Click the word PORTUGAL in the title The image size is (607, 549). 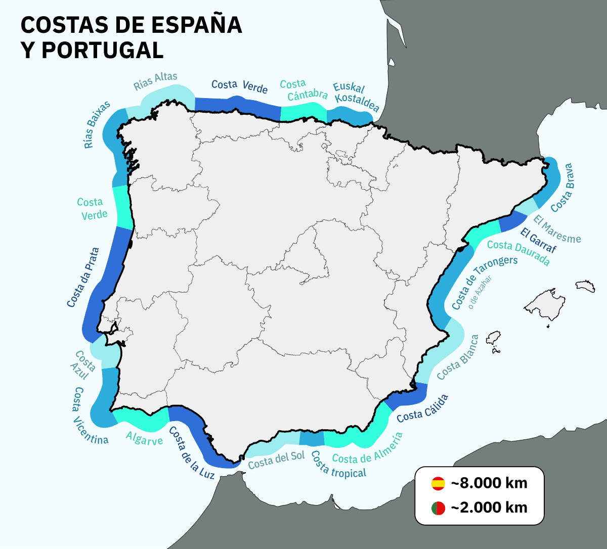point(103,50)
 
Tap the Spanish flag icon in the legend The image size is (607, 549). point(438,483)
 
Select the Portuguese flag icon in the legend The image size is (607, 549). point(438,508)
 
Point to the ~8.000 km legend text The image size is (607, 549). point(489,483)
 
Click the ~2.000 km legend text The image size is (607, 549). point(489,508)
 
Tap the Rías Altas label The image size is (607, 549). point(155,81)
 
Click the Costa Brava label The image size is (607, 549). point(562,188)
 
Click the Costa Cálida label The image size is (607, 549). point(422,409)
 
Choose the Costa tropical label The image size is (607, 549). point(338,465)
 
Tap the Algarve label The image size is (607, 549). point(144,438)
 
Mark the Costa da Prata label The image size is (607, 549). point(83,277)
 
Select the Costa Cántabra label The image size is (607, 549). point(303,89)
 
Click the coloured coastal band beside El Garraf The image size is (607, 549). point(513,221)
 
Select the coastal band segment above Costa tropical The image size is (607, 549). point(312,438)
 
